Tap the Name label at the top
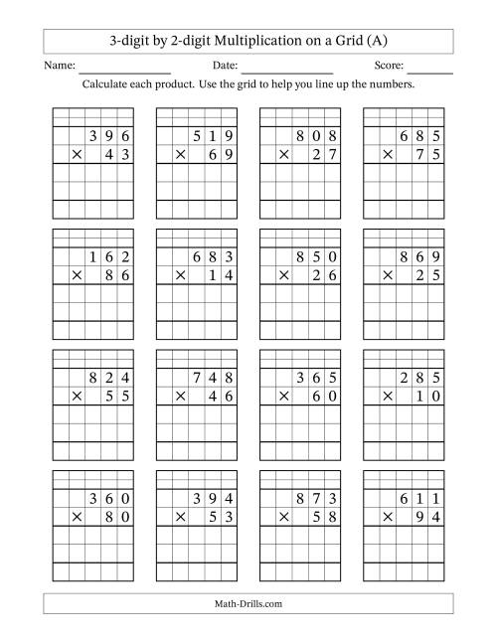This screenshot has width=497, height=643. coord(60,66)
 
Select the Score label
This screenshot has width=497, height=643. coord(388,66)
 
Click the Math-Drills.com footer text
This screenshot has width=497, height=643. coord(248,603)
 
